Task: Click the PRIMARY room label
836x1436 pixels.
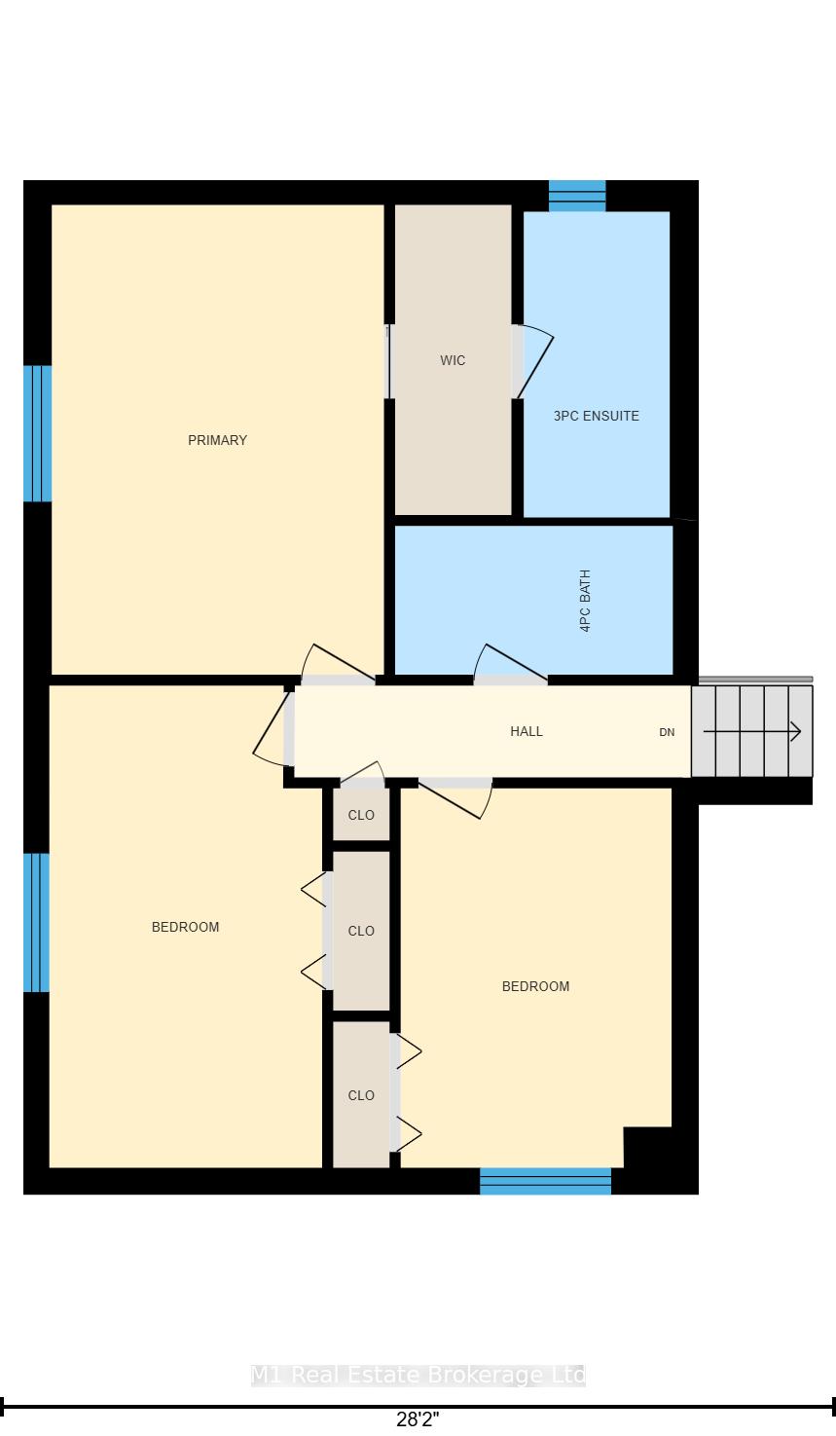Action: point(217,440)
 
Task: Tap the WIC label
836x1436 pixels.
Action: point(453,360)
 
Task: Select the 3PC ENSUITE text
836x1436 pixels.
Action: point(597,416)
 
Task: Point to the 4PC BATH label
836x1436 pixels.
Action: point(585,601)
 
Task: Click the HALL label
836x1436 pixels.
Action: point(527,731)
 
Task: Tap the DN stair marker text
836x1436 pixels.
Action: point(667,732)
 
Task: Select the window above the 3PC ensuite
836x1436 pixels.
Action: point(577,196)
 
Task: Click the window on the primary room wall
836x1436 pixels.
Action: point(37,433)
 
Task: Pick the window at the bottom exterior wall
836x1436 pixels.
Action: point(546,1181)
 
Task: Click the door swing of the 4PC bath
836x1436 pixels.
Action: point(510,663)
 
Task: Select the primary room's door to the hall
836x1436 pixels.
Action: point(338,663)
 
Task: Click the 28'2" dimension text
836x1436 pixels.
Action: point(418,1418)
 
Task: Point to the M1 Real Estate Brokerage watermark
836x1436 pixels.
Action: point(418,1375)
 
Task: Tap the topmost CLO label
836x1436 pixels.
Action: point(361,815)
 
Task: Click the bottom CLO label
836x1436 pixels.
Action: point(361,1095)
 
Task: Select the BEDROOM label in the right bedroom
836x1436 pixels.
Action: point(535,986)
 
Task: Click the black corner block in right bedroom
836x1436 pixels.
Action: point(648,1148)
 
